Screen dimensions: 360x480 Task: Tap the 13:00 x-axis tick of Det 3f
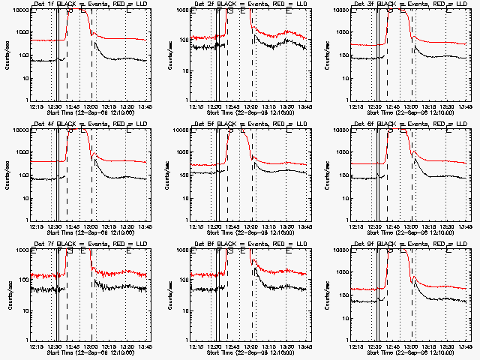pyautogui.click(x=411, y=106)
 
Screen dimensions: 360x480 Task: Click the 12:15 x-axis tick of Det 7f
pyautogui.click(x=36, y=346)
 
